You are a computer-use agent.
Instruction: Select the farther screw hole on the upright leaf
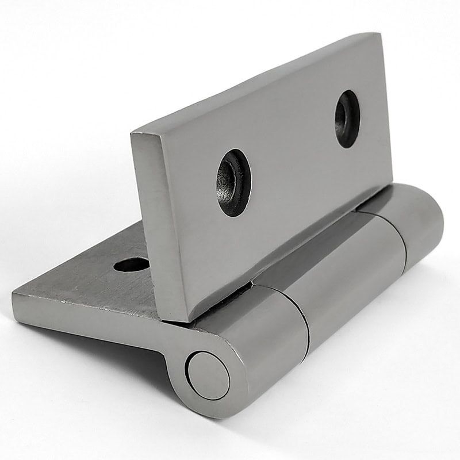point(347,118)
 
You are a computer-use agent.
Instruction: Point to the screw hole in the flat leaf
point(132,264)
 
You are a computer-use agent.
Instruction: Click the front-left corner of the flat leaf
point(14,294)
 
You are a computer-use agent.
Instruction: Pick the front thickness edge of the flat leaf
point(86,313)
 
